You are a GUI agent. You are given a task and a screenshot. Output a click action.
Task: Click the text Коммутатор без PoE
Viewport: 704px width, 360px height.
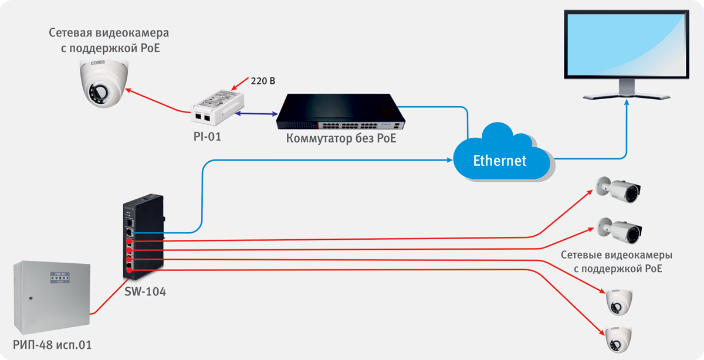tap(337, 139)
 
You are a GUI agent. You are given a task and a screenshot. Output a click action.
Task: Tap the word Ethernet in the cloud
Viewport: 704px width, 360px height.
tap(500, 160)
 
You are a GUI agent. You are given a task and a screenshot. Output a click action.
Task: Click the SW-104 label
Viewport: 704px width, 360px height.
tap(145, 290)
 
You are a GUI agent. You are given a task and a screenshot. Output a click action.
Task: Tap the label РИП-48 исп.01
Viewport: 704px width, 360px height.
tap(52, 345)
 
